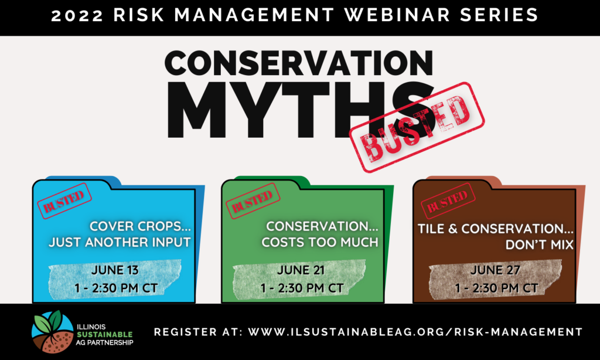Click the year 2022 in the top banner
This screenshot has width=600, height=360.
(77, 15)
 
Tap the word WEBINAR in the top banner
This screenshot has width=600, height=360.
(397, 15)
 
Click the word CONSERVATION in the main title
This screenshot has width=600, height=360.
(299, 63)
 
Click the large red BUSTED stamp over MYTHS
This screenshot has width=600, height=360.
(417, 127)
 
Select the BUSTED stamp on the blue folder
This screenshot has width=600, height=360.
(64, 201)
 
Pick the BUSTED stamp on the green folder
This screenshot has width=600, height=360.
(253, 201)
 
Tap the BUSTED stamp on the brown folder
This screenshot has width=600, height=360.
(448, 201)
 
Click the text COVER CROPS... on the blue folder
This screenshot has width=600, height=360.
(140, 226)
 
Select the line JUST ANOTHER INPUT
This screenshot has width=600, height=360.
(120, 242)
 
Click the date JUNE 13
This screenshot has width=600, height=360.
(115, 270)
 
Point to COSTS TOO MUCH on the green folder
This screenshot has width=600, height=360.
(320, 242)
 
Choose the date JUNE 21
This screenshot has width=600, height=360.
(301, 270)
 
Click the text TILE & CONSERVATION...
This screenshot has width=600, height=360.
(495, 229)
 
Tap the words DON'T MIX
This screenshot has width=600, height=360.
(540, 244)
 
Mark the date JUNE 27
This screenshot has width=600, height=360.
(495, 270)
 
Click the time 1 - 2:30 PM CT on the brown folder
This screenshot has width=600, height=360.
(496, 288)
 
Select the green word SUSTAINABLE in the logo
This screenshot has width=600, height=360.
(104, 335)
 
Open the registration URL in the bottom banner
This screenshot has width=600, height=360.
(415, 332)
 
